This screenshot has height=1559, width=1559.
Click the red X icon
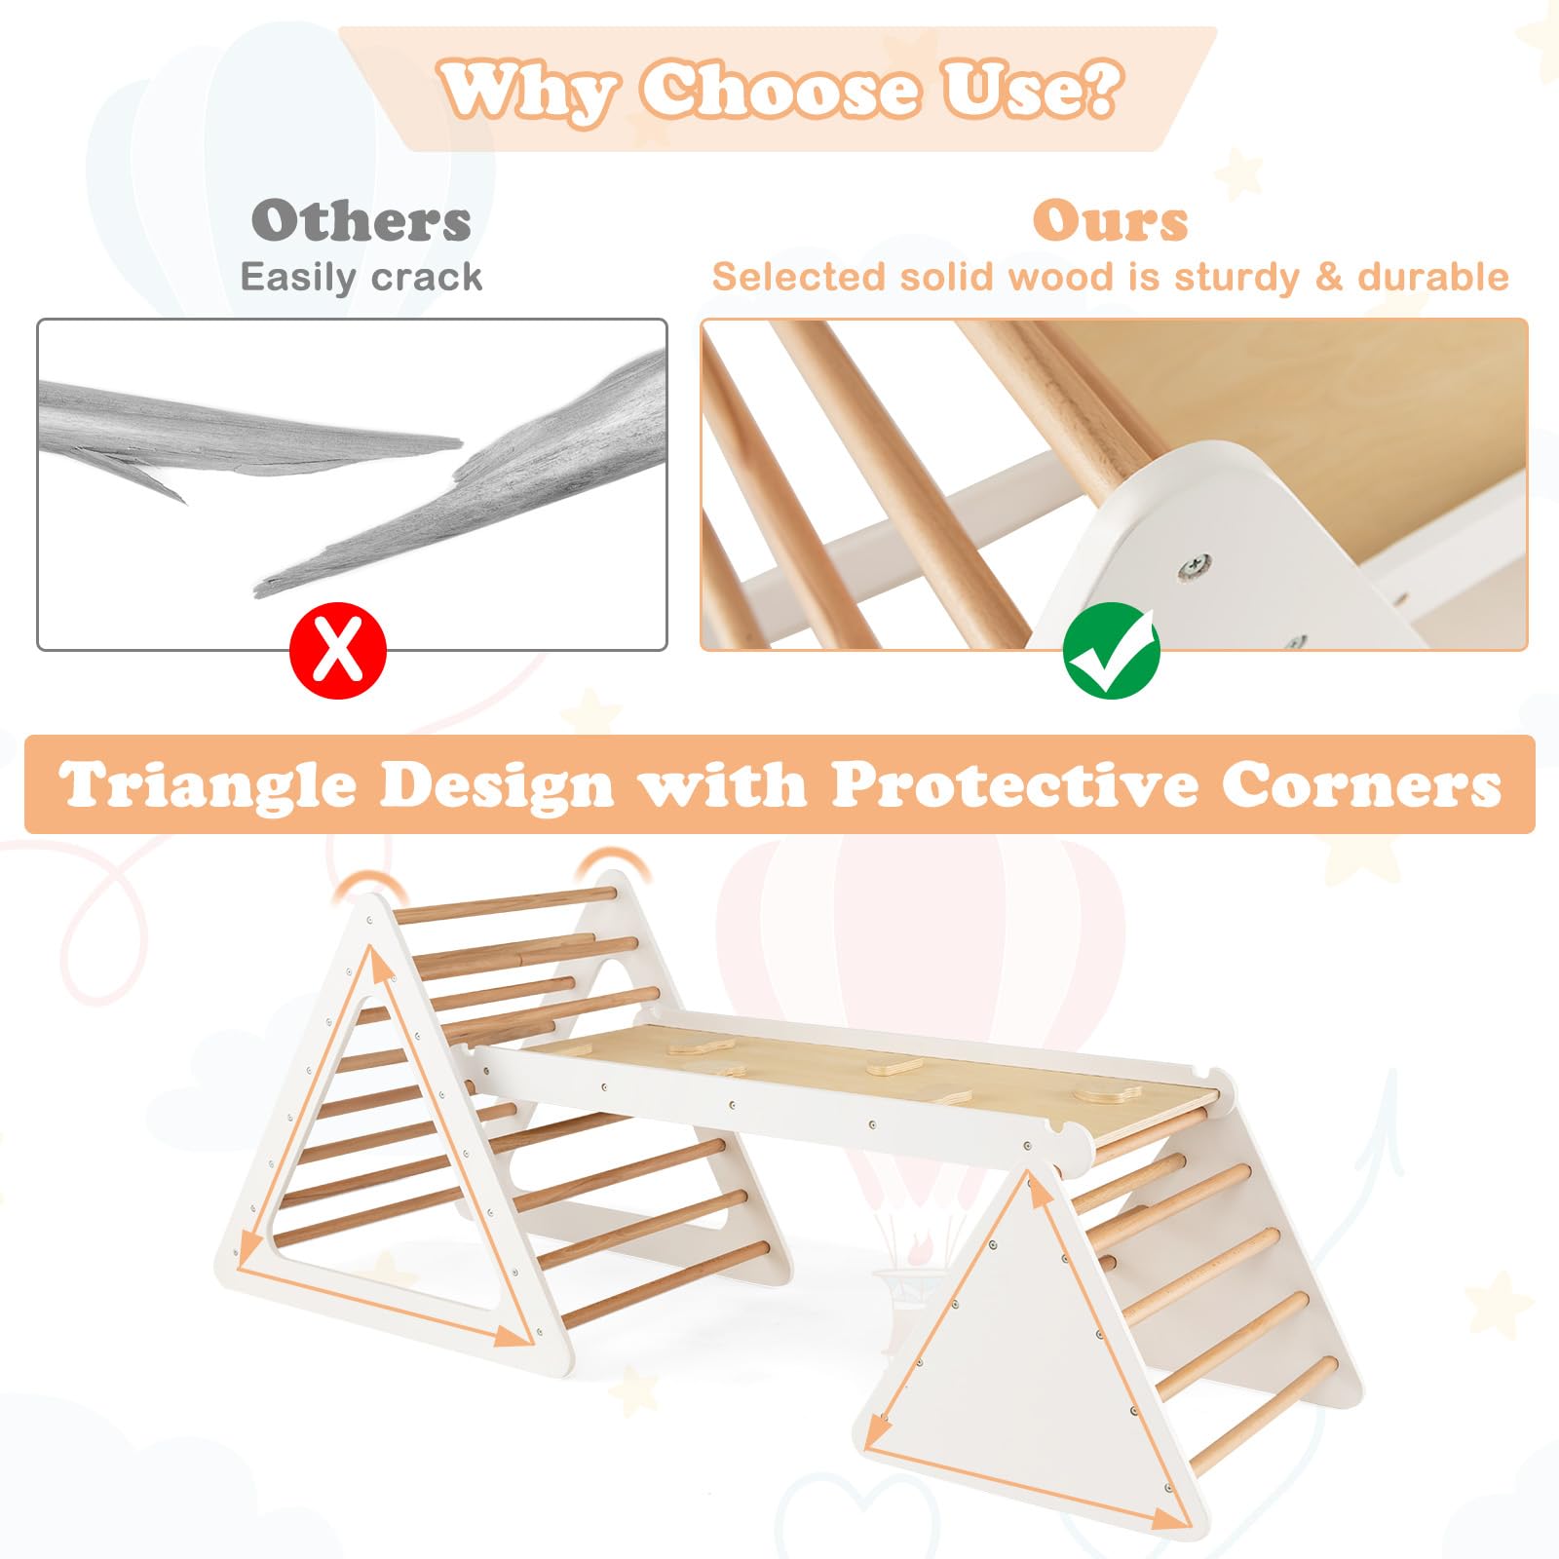click(338, 651)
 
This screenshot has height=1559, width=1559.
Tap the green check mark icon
click(1111, 651)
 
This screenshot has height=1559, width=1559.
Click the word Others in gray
click(361, 221)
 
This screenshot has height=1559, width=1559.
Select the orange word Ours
click(1111, 221)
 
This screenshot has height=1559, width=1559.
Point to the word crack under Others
click(427, 278)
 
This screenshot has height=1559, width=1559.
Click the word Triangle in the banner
click(207, 785)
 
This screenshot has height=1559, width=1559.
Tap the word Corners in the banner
click(1361, 784)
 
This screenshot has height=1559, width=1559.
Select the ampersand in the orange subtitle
click(1329, 278)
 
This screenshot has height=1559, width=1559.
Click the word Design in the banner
click(497, 785)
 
